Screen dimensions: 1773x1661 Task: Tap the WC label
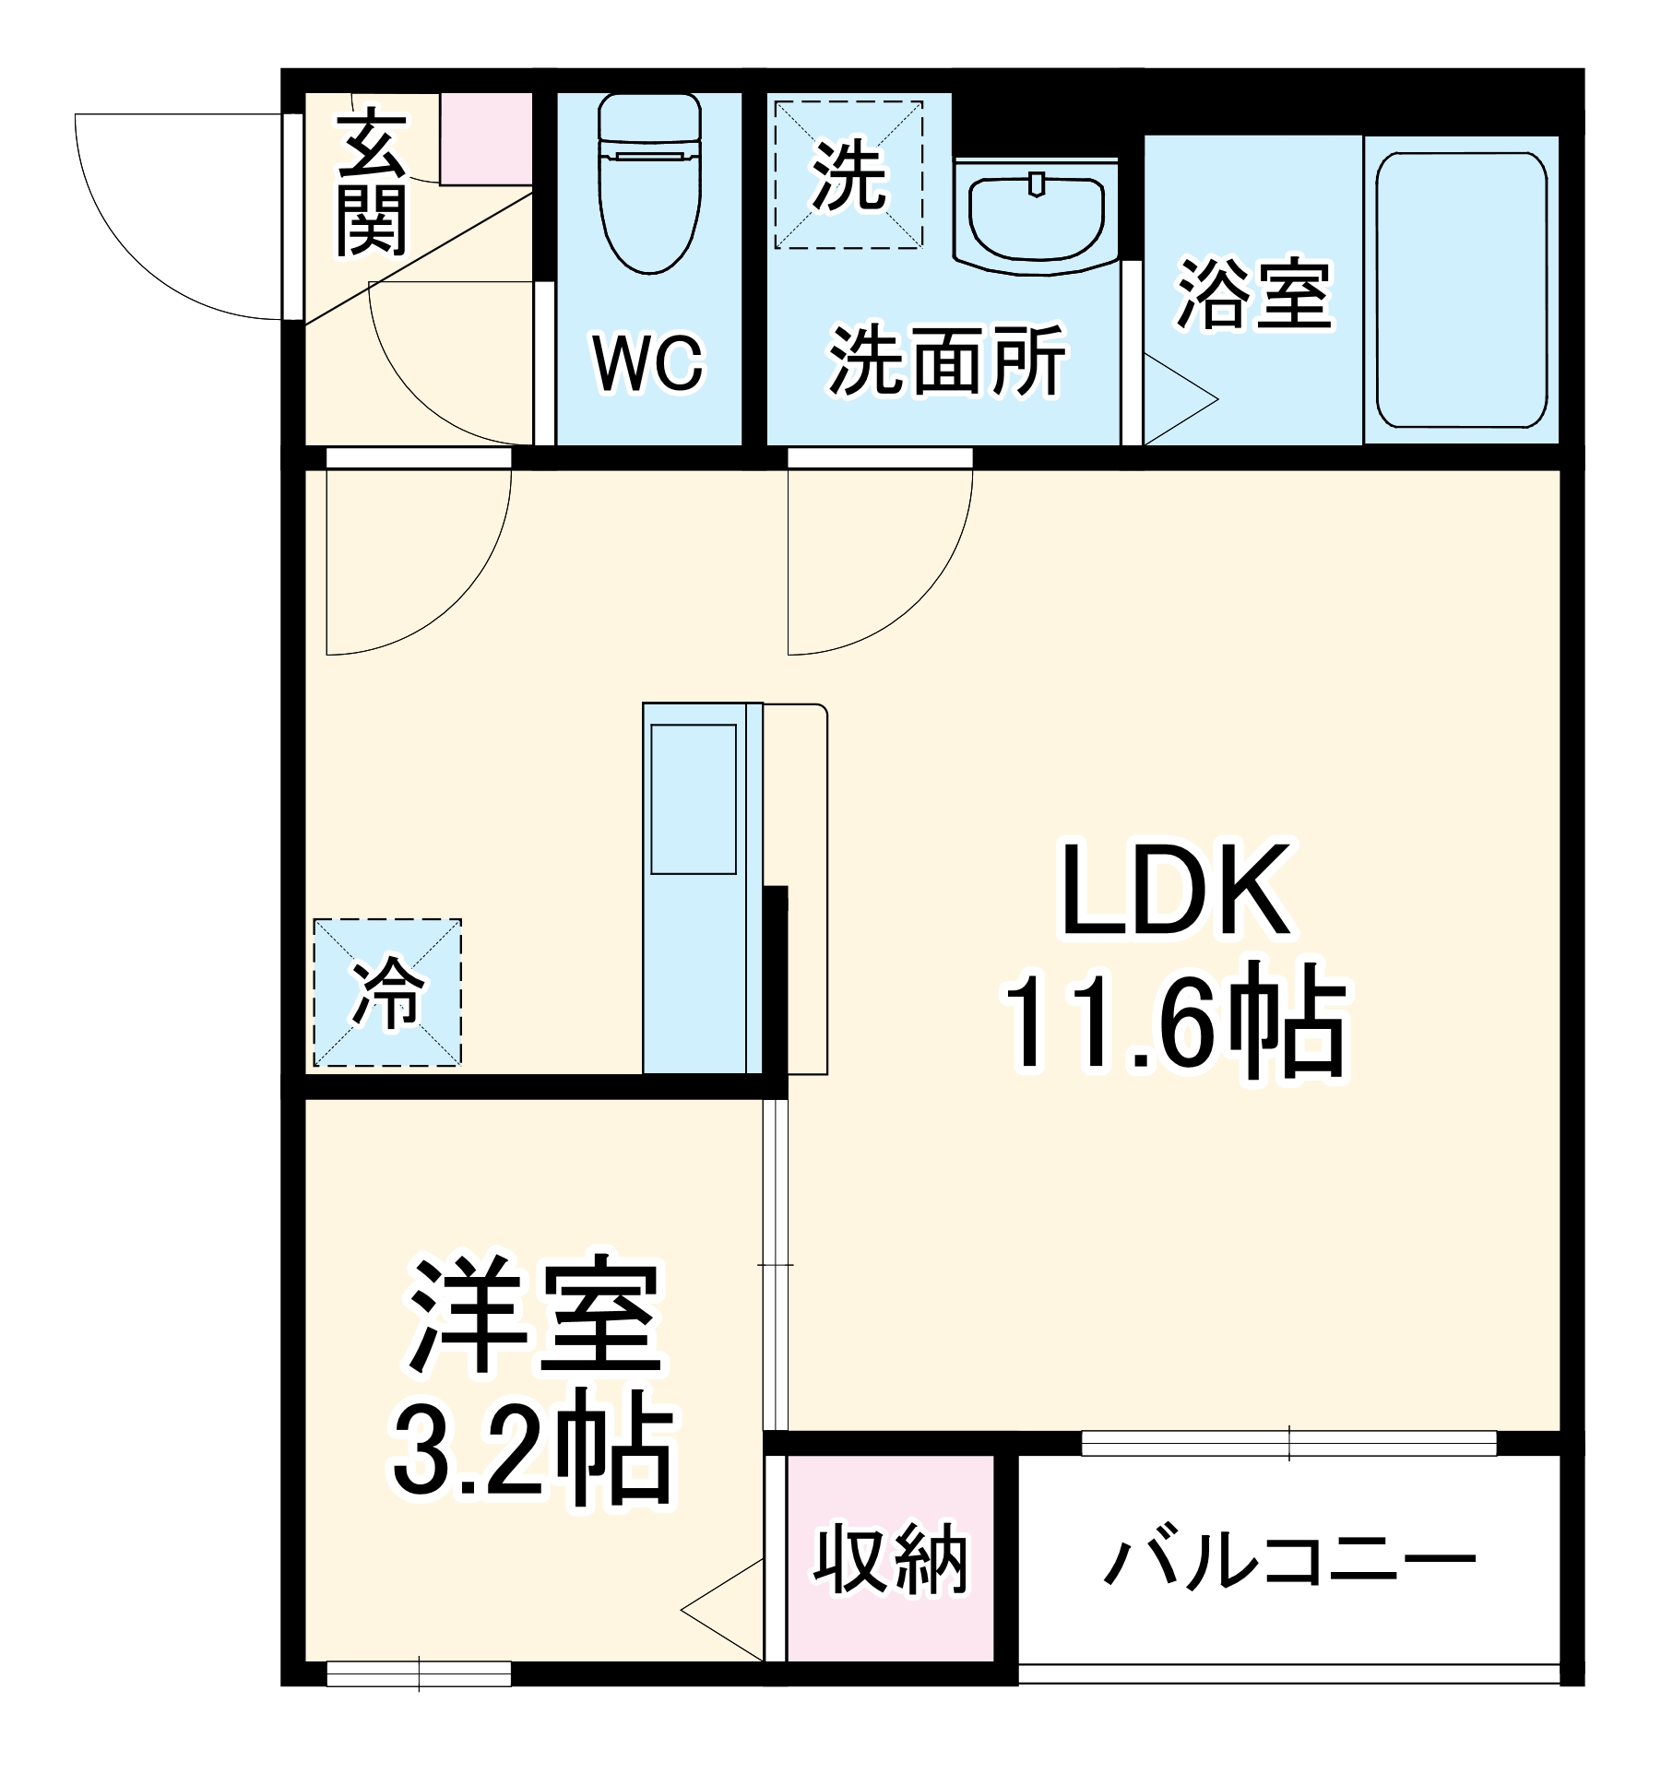coord(647,363)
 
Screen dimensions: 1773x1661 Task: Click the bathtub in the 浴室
coord(1461,290)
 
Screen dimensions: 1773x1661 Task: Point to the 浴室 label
coord(1253,295)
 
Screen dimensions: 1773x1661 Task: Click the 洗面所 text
coord(946,360)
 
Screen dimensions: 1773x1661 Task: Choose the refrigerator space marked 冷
coord(387,993)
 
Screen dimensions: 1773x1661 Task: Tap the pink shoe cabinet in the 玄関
coord(486,139)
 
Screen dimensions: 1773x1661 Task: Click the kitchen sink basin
coord(694,798)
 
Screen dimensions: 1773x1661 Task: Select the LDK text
coord(1176,891)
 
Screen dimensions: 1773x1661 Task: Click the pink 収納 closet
coord(891,1558)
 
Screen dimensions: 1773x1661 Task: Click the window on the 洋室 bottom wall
coord(419,1673)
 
